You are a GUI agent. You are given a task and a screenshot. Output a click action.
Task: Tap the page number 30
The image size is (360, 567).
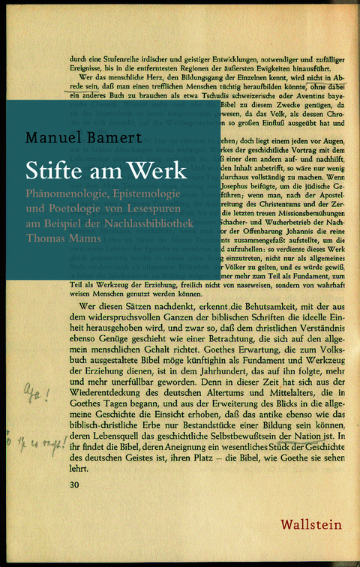coord(74,486)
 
